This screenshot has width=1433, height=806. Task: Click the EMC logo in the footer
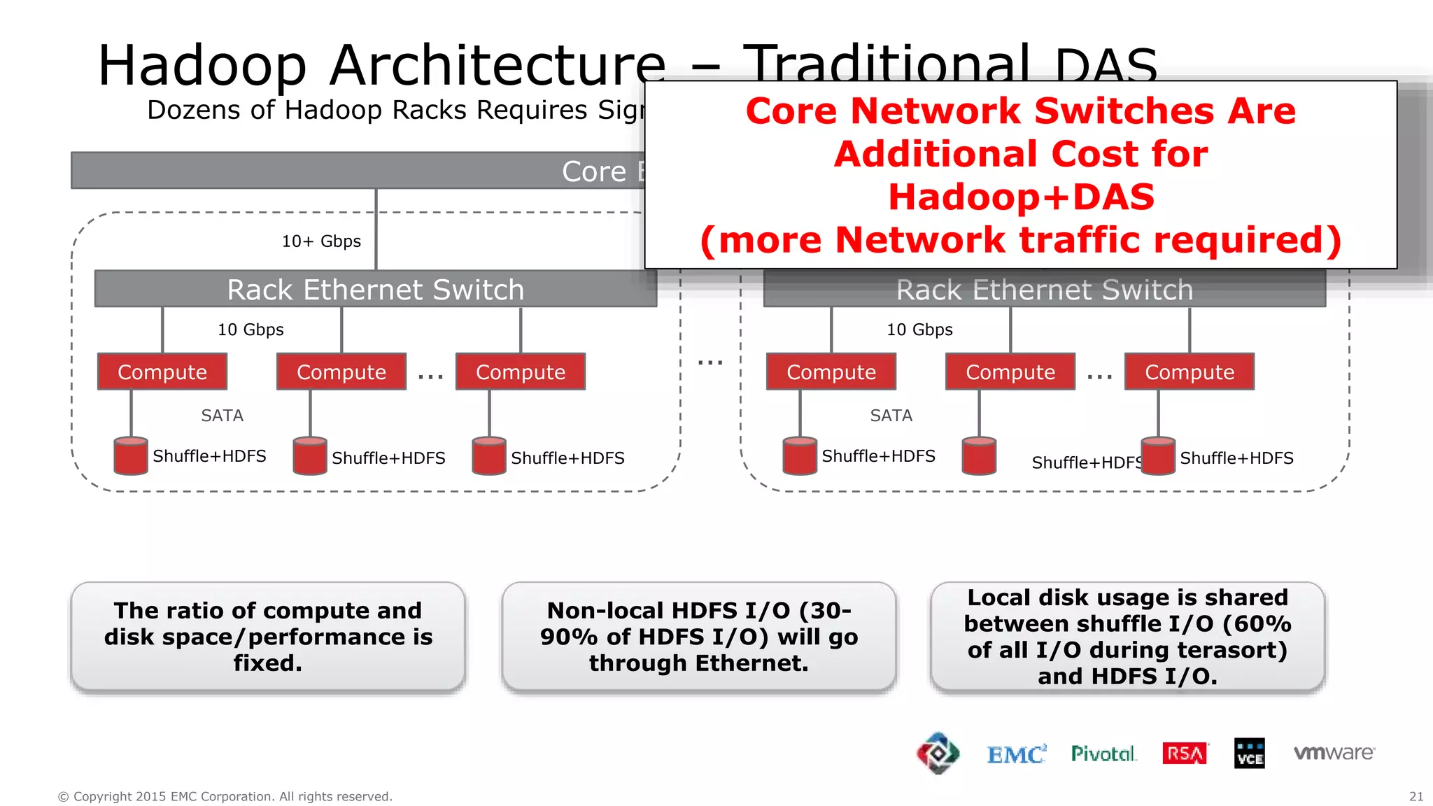(x=1016, y=754)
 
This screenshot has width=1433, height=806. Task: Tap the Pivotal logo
(x=1103, y=754)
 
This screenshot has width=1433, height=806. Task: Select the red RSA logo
(x=1185, y=754)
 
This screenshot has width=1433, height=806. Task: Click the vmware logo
(x=1334, y=753)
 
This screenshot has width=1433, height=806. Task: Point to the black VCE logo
(x=1250, y=754)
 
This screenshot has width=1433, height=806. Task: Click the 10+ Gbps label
(x=321, y=241)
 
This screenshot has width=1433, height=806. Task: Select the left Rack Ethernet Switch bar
(x=375, y=289)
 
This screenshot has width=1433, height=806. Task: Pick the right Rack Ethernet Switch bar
(x=1044, y=289)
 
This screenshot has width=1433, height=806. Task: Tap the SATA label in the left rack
(x=222, y=416)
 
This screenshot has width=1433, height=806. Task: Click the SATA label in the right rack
(x=891, y=416)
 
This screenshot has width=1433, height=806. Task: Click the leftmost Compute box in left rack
(x=162, y=372)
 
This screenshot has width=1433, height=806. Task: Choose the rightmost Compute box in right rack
(x=1189, y=372)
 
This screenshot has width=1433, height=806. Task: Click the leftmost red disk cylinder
(x=131, y=456)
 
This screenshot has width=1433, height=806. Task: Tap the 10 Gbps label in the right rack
(x=919, y=330)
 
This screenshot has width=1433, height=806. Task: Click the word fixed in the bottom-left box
(x=267, y=663)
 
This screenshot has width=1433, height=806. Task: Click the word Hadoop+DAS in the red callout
(x=1021, y=197)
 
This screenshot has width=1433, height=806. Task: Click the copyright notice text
(x=225, y=796)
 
